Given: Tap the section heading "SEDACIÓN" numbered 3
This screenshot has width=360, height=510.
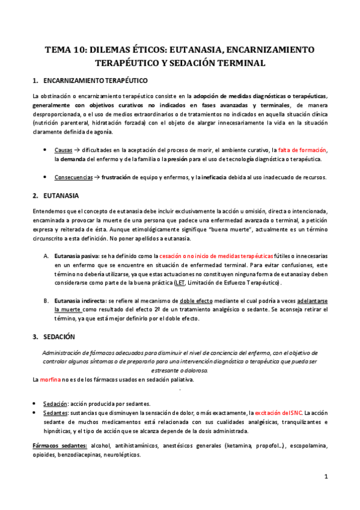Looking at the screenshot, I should tap(63, 336).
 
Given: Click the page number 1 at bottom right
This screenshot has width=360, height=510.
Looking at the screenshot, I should tap(325, 477).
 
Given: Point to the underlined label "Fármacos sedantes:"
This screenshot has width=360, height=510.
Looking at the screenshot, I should tap(59, 446).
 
